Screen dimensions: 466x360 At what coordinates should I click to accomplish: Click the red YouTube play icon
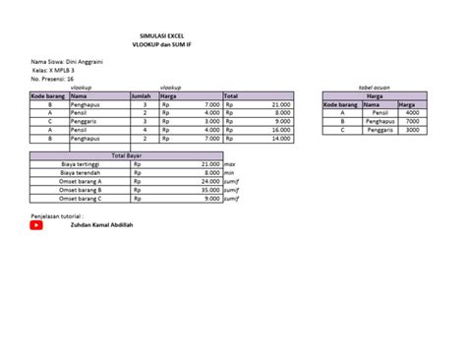(x=36, y=224)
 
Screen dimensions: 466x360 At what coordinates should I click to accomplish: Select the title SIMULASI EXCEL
(x=162, y=33)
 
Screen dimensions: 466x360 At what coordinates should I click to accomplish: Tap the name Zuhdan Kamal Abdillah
(x=102, y=224)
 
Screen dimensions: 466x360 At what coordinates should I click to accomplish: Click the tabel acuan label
(x=376, y=88)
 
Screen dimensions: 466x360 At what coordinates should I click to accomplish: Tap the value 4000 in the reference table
(x=412, y=112)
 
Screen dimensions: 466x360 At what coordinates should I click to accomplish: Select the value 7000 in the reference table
(x=412, y=121)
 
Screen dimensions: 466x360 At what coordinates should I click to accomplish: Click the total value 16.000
(x=280, y=130)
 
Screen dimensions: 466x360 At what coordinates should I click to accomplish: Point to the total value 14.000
(x=280, y=139)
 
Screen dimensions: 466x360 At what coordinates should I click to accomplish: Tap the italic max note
(x=230, y=163)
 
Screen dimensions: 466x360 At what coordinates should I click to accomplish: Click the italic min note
(x=230, y=172)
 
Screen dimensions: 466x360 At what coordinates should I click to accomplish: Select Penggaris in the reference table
(x=379, y=130)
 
